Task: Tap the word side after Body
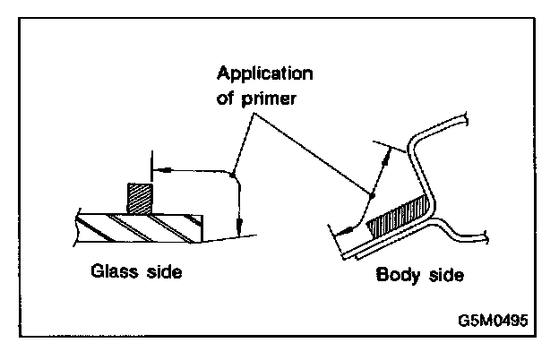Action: click(445, 276)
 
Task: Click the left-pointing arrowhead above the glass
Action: click(158, 167)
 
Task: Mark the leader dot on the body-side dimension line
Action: click(370, 195)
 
